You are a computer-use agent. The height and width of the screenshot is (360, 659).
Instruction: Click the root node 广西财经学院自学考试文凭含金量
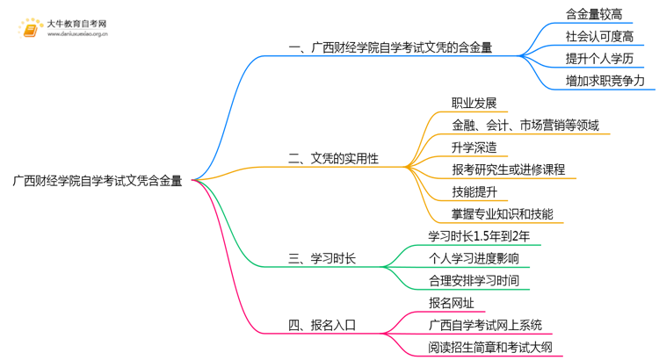98,181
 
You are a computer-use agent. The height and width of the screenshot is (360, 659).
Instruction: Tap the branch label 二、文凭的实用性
333,158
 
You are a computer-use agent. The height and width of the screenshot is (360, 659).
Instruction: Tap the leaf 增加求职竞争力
605,81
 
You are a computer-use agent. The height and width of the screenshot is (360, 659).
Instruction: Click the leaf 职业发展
474,103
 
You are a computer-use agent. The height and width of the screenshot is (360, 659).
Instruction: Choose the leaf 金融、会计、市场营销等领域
525,125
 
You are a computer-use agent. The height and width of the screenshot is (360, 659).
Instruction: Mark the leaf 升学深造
474,148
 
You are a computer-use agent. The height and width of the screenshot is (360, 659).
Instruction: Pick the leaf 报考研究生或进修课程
508,169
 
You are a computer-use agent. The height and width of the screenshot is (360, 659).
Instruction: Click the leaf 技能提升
474,191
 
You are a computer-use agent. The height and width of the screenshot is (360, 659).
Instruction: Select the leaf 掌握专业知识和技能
502,214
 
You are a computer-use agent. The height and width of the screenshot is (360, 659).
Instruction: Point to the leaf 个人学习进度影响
473,259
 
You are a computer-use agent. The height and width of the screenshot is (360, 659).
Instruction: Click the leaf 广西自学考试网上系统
485,325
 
